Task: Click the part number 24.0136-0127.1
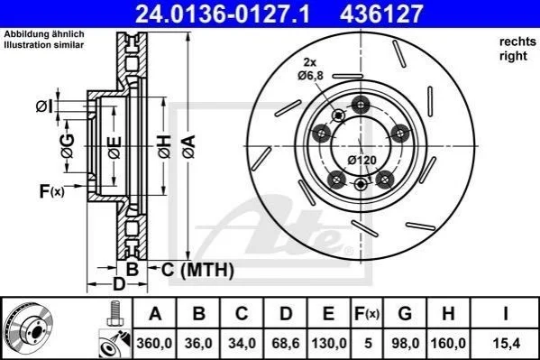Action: (x=223, y=14)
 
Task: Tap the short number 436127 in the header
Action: (x=381, y=14)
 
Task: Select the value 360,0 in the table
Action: (x=154, y=344)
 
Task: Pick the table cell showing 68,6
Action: (x=286, y=344)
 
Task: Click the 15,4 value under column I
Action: (x=506, y=344)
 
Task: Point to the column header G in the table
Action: (x=405, y=313)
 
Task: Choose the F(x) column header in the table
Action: (x=367, y=313)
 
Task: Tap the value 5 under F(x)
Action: (x=368, y=344)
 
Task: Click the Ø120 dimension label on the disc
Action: (x=362, y=160)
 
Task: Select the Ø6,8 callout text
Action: (x=310, y=75)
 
